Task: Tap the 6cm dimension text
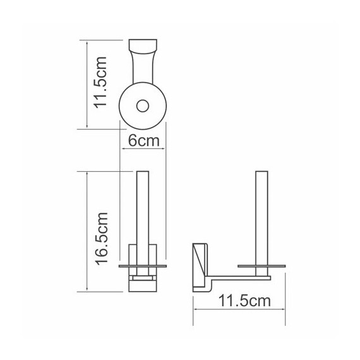coord(143,141)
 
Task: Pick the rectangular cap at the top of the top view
coord(143,47)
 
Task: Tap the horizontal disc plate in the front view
coord(143,268)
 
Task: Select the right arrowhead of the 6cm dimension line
coord(164,149)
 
